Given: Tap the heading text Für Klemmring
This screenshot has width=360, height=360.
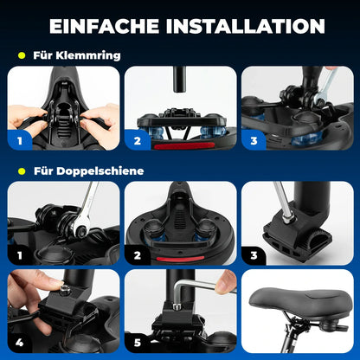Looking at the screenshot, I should (x=76, y=55).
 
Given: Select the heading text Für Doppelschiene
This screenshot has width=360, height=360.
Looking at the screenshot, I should (x=88, y=170).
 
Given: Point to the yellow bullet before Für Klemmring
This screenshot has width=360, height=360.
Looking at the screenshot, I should (x=21, y=55).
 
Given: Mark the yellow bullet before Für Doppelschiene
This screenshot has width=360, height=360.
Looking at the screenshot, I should (x=21, y=170).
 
